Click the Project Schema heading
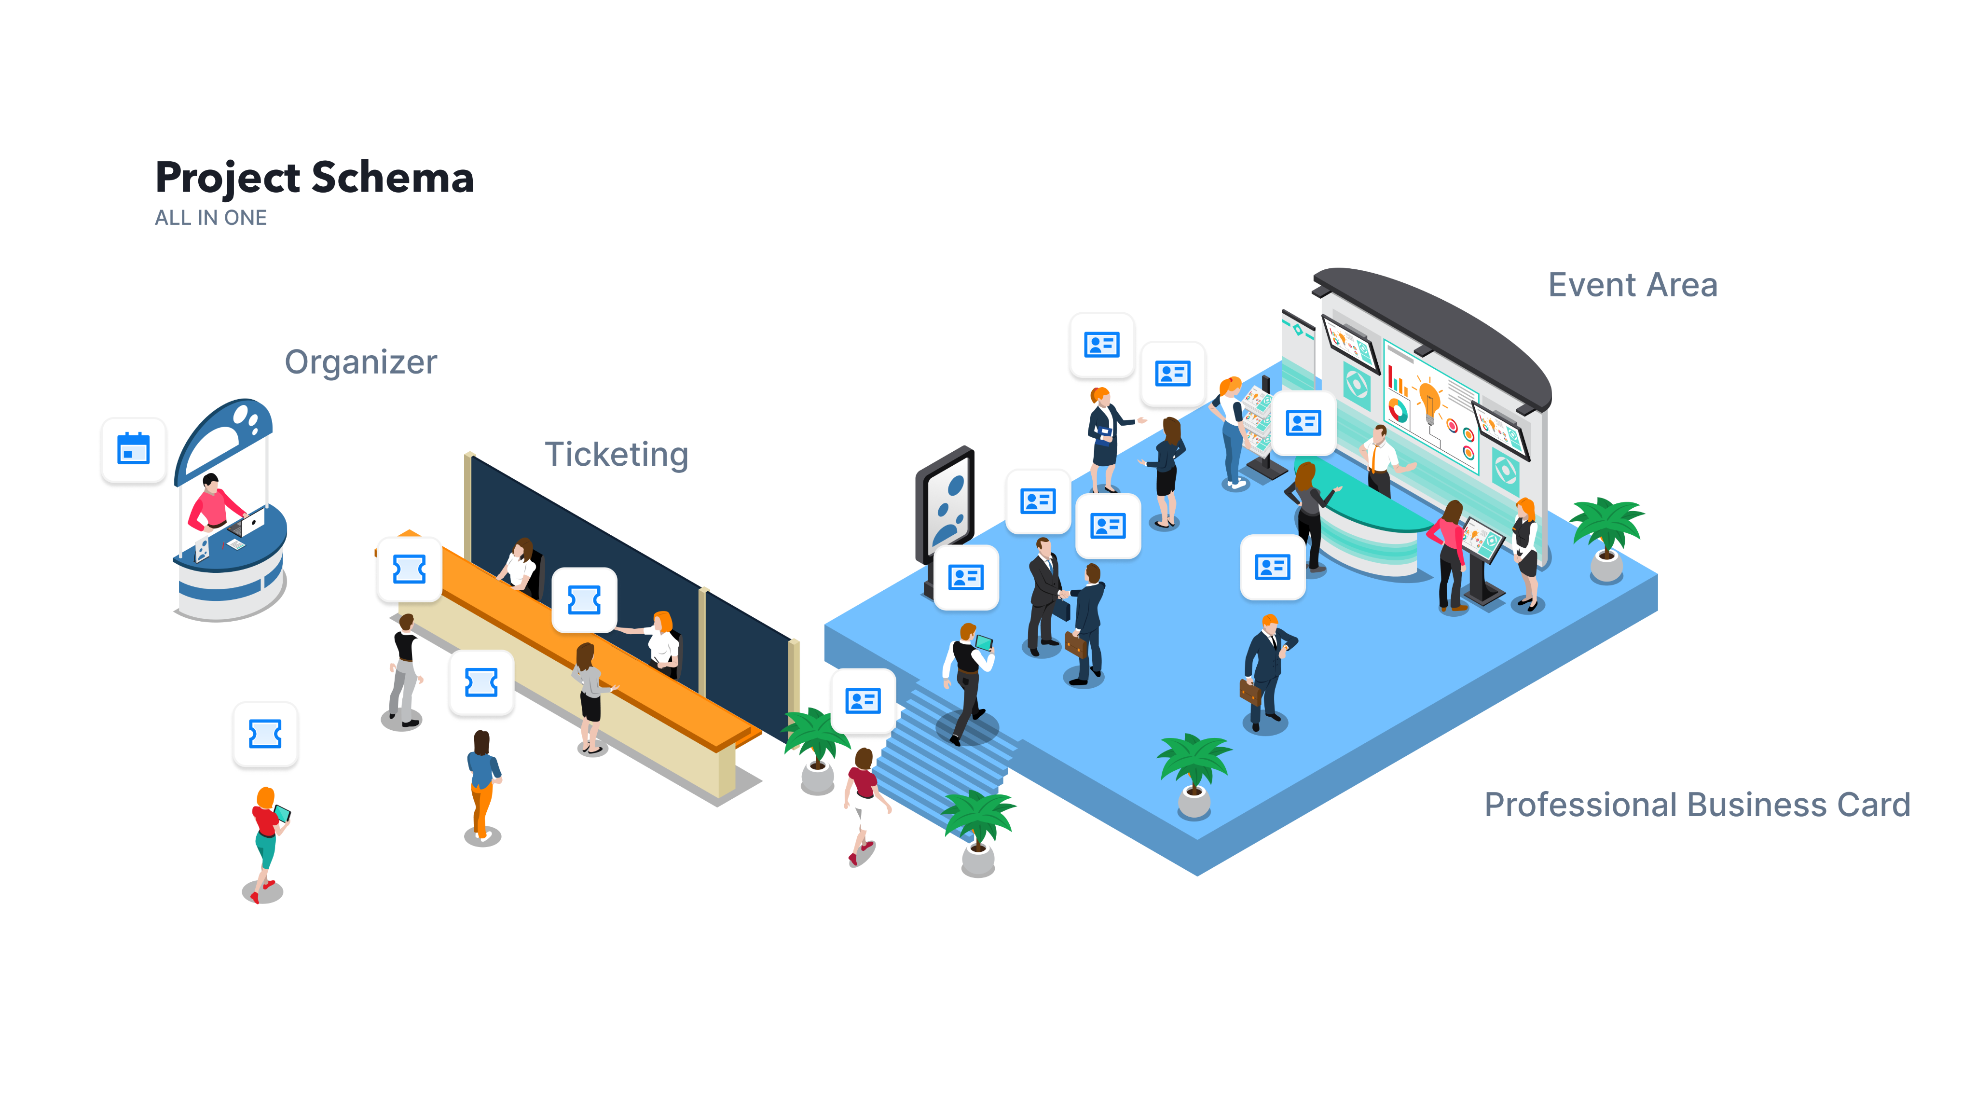pyautogui.click(x=315, y=178)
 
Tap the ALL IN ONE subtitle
pyautogui.click(x=211, y=218)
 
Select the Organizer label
pyautogui.click(x=360, y=362)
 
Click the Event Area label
pyautogui.click(x=1633, y=286)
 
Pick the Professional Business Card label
pyautogui.click(x=1697, y=805)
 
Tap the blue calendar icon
pyautogui.click(x=134, y=450)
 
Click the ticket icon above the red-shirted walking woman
pyautogui.click(x=265, y=735)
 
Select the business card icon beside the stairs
pyautogui.click(x=863, y=701)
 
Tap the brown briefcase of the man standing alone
pyautogui.click(x=1250, y=692)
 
